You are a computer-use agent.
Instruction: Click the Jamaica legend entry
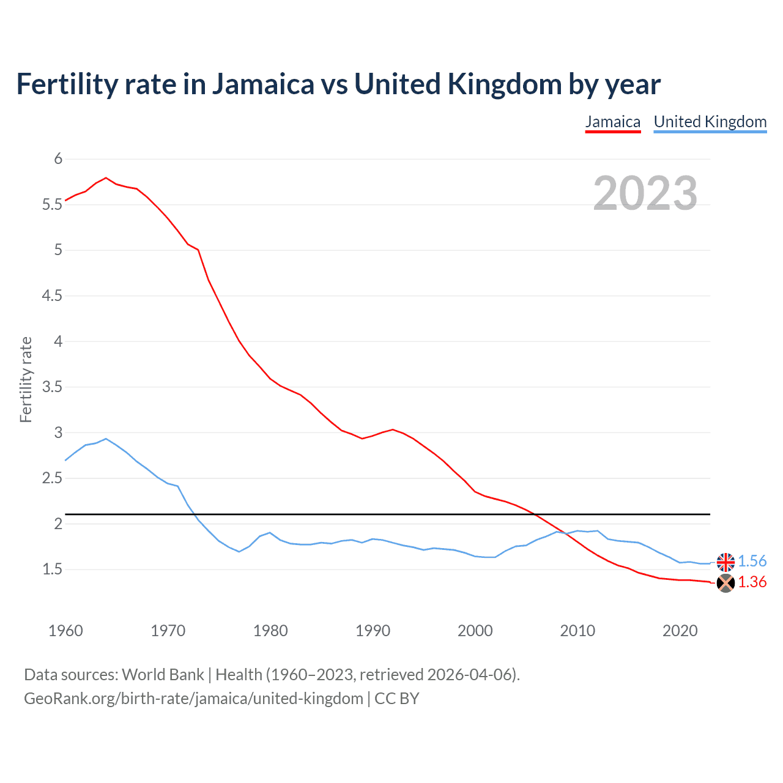612,122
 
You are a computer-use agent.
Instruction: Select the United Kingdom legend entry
710,122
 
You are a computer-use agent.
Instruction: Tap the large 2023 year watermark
645,193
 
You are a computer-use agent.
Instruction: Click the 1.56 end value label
752,561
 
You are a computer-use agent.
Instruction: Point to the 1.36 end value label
752,582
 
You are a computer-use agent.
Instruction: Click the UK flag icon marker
725,562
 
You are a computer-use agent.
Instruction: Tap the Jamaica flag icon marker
725,583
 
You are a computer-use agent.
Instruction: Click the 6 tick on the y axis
59,159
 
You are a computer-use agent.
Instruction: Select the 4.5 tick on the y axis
53,296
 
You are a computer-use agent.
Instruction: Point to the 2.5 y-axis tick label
53,478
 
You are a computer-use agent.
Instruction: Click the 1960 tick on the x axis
65,631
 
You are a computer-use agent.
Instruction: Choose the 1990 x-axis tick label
373,631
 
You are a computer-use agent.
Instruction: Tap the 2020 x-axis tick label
680,631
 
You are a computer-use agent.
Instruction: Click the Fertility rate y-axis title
26,379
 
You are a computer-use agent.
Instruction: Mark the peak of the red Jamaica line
106,178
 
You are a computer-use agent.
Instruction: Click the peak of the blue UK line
106,439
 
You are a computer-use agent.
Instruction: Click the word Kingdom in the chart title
504,84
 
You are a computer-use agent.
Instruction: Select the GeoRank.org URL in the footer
193,699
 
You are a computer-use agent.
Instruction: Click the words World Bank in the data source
163,675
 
